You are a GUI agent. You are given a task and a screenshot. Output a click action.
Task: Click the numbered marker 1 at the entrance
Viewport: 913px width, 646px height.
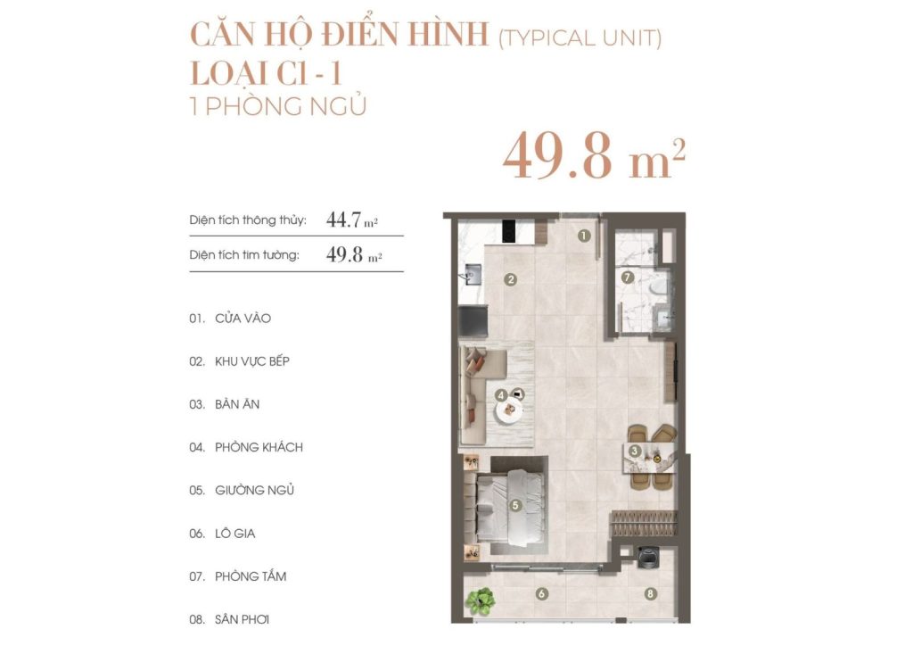click(x=583, y=236)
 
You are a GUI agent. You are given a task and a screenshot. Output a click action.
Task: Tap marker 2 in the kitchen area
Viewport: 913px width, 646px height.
click(x=511, y=279)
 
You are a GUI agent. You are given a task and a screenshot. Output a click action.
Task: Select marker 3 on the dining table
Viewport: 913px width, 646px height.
click(x=635, y=451)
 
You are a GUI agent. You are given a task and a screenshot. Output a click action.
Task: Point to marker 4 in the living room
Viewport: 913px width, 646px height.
click(x=502, y=394)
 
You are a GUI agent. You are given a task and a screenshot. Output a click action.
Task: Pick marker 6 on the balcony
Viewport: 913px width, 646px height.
click(x=540, y=593)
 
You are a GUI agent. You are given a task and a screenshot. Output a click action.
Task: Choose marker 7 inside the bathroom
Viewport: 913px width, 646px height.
click(x=627, y=277)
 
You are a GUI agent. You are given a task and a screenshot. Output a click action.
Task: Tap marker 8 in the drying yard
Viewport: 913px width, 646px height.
click(x=651, y=593)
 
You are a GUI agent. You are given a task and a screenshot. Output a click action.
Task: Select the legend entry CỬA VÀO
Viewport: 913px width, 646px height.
click(x=236, y=319)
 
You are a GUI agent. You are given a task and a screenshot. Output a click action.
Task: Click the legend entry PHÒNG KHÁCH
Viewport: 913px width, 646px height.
click(x=259, y=447)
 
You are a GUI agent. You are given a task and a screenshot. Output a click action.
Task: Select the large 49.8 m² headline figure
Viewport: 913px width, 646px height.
click(x=594, y=156)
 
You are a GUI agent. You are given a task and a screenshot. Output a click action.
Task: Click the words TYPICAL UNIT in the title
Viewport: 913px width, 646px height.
click(x=580, y=38)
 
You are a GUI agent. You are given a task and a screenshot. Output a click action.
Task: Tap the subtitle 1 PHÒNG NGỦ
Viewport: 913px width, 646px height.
click(x=278, y=106)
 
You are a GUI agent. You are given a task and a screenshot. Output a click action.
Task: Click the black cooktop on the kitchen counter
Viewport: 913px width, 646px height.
click(x=510, y=230)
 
